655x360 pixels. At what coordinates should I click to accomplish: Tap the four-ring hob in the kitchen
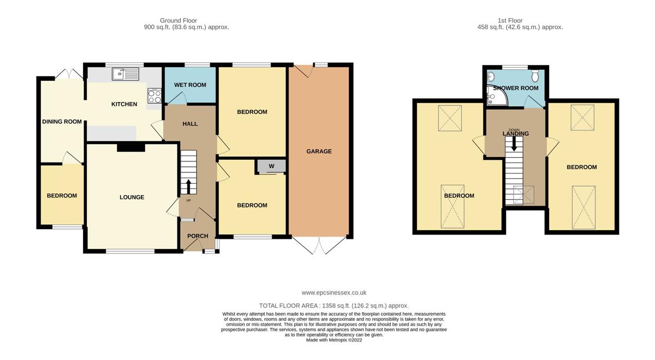[154, 96]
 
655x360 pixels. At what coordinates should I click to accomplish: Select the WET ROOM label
[190, 85]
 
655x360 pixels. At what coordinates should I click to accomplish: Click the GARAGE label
[319, 151]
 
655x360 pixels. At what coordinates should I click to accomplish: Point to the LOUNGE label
[132, 197]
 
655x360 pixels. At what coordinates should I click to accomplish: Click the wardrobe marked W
[271, 166]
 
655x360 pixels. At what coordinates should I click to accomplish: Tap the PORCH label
[198, 236]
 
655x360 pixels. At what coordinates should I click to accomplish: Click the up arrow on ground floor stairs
[189, 187]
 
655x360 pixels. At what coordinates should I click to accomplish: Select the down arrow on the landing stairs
[514, 144]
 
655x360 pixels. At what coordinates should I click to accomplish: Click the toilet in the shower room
[535, 75]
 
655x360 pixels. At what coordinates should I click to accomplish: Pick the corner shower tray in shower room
[496, 97]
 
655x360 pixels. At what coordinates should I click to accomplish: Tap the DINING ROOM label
[62, 122]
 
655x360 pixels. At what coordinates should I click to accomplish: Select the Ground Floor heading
[178, 20]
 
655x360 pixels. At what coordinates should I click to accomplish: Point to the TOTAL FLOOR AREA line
[334, 306]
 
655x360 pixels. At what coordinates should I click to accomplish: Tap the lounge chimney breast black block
[131, 146]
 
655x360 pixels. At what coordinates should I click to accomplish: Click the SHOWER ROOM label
[516, 88]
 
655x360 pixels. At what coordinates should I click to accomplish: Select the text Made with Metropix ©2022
[334, 340]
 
